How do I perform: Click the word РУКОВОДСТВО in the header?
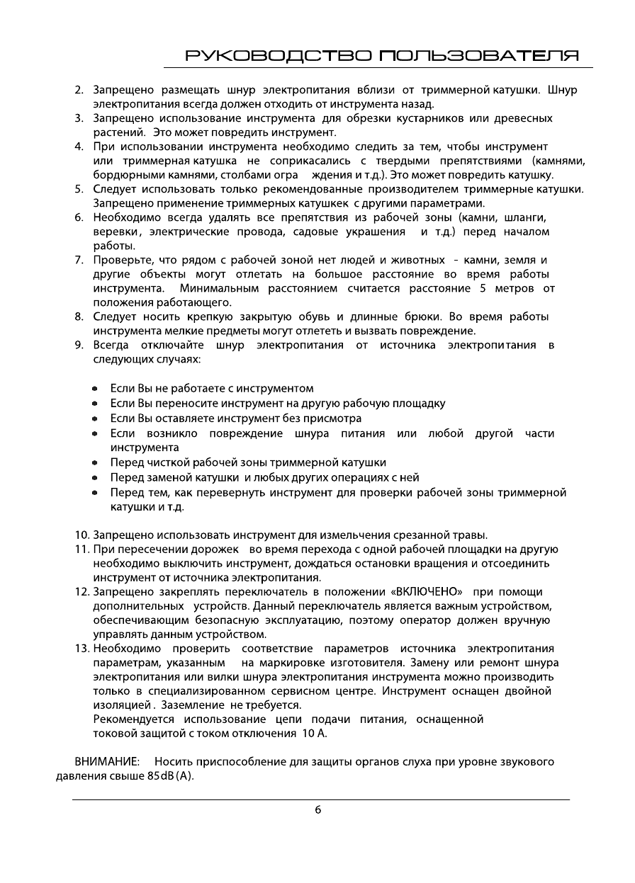[277, 55]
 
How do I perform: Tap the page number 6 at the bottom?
[317, 810]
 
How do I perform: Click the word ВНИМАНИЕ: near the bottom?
[107, 762]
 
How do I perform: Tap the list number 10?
[82, 534]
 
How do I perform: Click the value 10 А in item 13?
[315, 734]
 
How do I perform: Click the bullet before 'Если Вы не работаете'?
[95, 389]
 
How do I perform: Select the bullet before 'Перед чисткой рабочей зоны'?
[95, 462]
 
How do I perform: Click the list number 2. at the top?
[80, 90]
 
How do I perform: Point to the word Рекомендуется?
[134, 719]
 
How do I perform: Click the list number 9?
[80, 345]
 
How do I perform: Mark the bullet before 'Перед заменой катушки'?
[95, 477]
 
